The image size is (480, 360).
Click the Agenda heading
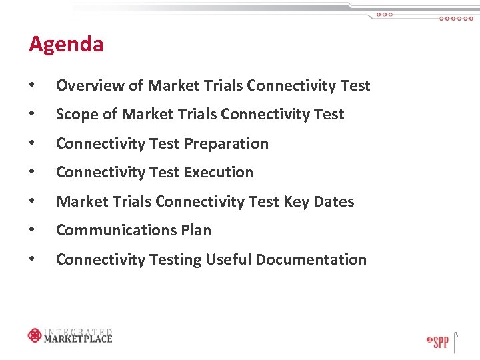(x=66, y=45)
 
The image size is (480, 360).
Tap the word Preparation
(x=226, y=144)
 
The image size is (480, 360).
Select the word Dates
(x=334, y=201)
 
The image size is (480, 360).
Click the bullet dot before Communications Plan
(x=32, y=231)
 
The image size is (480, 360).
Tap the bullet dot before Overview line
(x=32, y=86)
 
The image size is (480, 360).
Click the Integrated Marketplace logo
(x=70, y=335)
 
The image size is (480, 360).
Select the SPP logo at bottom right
(x=437, y=342)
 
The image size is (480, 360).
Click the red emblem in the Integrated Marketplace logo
(x=35, y=335)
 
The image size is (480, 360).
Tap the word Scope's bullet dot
(x=32, y=115)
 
